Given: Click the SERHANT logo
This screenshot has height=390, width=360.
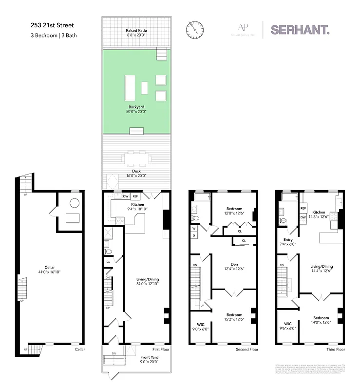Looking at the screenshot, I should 300,29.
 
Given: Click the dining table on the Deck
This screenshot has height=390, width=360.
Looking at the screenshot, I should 136,158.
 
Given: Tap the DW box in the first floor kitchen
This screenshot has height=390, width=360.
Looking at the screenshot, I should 125,196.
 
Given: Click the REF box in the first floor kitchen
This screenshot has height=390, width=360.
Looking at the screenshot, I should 135,196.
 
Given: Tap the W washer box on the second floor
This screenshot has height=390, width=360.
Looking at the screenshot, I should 194,228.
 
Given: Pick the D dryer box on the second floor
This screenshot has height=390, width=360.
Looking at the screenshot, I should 194,235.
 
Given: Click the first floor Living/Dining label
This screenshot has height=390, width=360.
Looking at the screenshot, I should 147,279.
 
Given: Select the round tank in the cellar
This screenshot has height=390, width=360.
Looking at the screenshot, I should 75,203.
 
